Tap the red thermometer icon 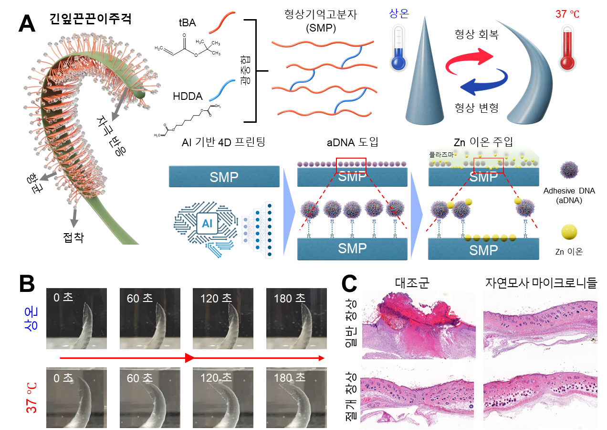(x=567, y=50)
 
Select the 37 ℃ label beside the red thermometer (x=567, y=14)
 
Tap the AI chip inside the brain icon (x=207, y=223)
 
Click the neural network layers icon (x=258, y=229)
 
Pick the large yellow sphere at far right (x=569, y=232)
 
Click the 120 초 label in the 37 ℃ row (x=216, y=378)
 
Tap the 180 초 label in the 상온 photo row (x=289, y=299)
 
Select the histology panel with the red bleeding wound (x=419, y=324)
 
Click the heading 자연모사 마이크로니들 (x=540, y=282)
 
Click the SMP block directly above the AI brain (x=224, y=176)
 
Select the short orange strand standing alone (x=222, y=23)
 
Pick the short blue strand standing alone (x=222, y=90)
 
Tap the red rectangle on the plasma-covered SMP (x=488, y=165)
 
